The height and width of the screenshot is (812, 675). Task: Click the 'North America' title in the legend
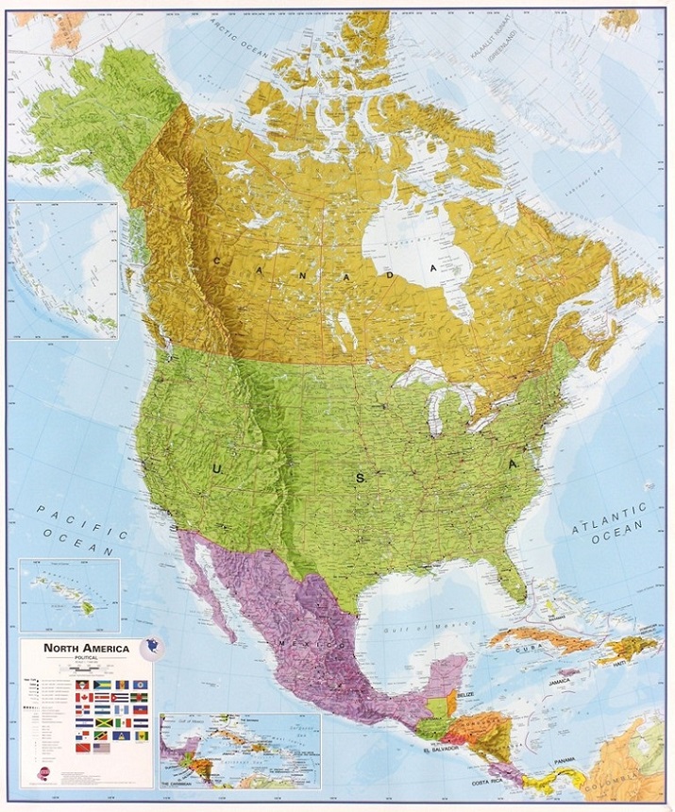coord(86,648)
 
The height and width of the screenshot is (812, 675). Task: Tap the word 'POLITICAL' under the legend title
coord(86,658)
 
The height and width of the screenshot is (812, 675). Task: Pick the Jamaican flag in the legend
coord(104,723)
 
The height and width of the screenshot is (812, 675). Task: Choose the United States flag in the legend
coord(102,748)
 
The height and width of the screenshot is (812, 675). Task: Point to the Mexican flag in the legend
coord(124,723)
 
